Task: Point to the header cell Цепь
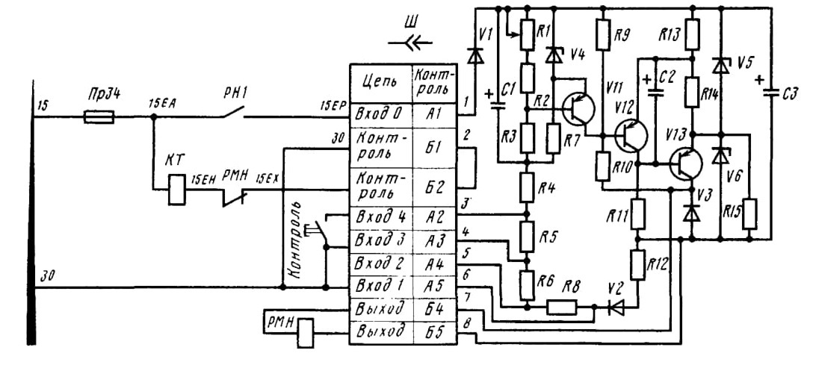point(381,83)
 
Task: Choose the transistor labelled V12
point(631,134)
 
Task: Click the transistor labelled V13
point(684,163)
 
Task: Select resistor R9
point(603,35)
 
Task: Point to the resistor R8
point(562,308)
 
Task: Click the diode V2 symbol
point(615,308)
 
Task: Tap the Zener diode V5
point(720,66)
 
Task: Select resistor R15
point(749,213)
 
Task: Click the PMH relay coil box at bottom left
point(306,332)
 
